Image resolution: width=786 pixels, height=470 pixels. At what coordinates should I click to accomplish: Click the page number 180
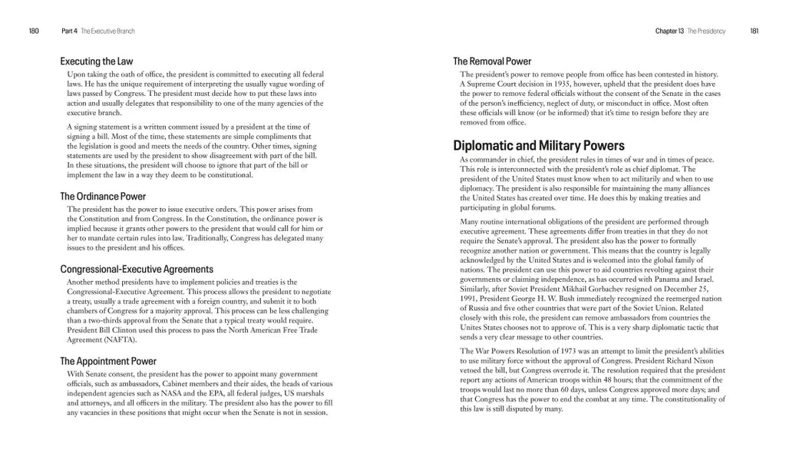[x=33, y=31]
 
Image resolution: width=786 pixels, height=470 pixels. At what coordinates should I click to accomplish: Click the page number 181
[x=755, y=31]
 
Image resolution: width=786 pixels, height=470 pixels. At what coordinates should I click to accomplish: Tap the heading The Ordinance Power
[x=103, y=197]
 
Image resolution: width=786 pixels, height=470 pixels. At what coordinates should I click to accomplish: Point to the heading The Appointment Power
[x=108, y=361]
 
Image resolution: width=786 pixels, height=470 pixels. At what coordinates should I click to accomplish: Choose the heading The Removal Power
[x=492, y=61]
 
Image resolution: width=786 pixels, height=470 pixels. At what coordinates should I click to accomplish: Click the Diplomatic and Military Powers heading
[x=539, y=146]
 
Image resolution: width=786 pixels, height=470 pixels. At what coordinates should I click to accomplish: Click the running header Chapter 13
[x=669, y=31]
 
